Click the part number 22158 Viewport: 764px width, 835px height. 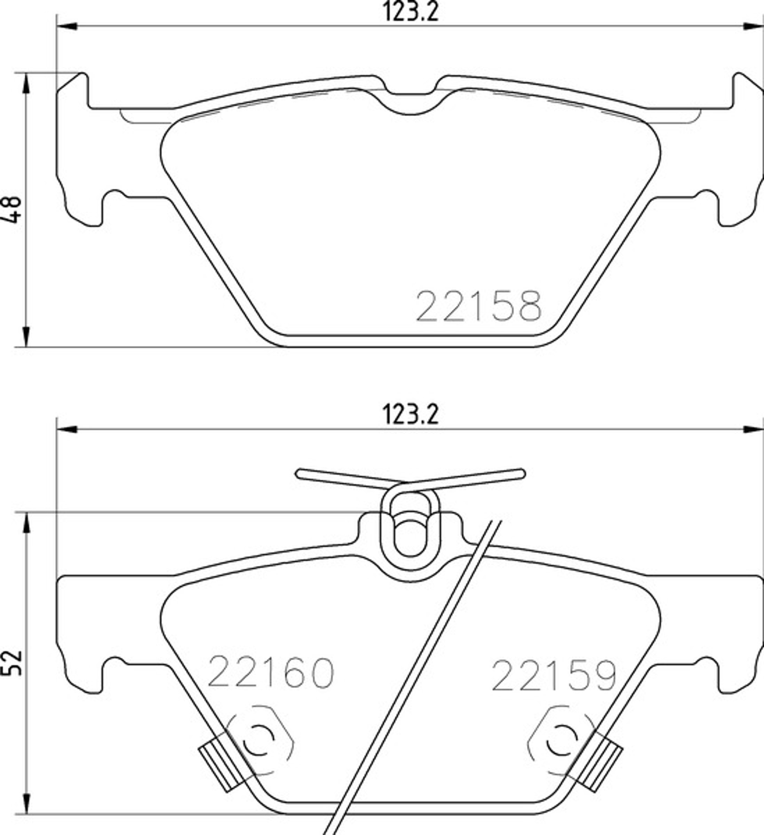pos(478,306)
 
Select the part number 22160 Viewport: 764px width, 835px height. pos(270,673)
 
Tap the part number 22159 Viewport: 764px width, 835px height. pos(554,676)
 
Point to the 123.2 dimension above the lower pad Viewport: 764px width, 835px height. pos(410,415)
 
